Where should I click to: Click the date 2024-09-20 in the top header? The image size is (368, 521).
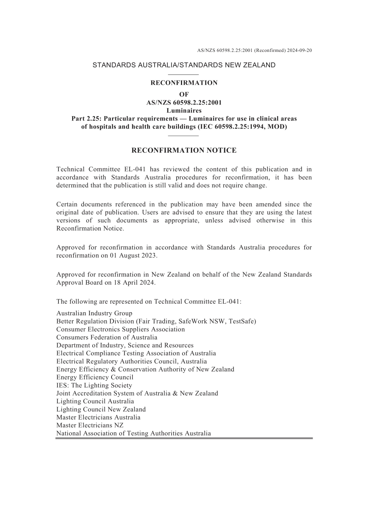click(299, 50)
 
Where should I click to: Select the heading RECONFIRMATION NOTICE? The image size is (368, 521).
click(184, 150)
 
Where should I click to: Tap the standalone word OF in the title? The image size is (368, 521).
click(184, 95)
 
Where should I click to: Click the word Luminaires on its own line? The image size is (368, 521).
click(184, 111)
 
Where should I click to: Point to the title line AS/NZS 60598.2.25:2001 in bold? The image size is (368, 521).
click(184, 103)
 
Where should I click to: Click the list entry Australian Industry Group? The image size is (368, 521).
click(94, 313)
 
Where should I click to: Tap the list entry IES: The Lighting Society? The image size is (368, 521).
click(94, 385)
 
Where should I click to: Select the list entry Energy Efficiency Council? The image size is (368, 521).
click(95, 377)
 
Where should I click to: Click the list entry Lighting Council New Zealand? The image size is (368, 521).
click(101, 409)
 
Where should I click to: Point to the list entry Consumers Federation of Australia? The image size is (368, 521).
click(107, 337)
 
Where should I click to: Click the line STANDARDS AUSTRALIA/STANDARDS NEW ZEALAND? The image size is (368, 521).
click(184, 65)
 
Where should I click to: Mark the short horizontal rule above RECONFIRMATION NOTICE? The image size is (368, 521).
click(184, 136)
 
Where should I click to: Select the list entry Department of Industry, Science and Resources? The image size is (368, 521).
click(125, 346)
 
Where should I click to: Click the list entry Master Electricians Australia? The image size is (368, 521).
click(98, 418)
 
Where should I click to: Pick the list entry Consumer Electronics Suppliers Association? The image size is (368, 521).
click(120, 329)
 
